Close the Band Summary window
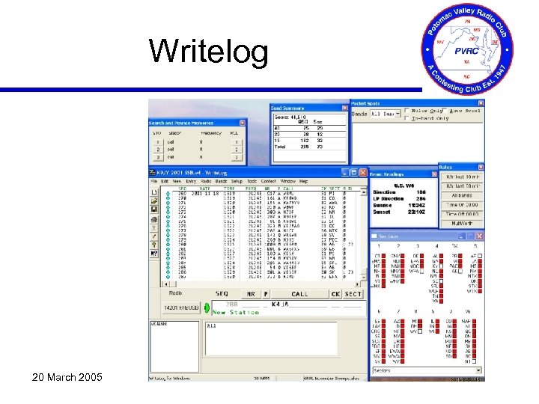coord(345,108)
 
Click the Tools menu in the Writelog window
coord(248,181)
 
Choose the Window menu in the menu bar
coord(287,181)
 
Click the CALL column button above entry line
coord(299,294)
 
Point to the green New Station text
coord(236,312)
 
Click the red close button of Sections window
coord(478,236)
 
